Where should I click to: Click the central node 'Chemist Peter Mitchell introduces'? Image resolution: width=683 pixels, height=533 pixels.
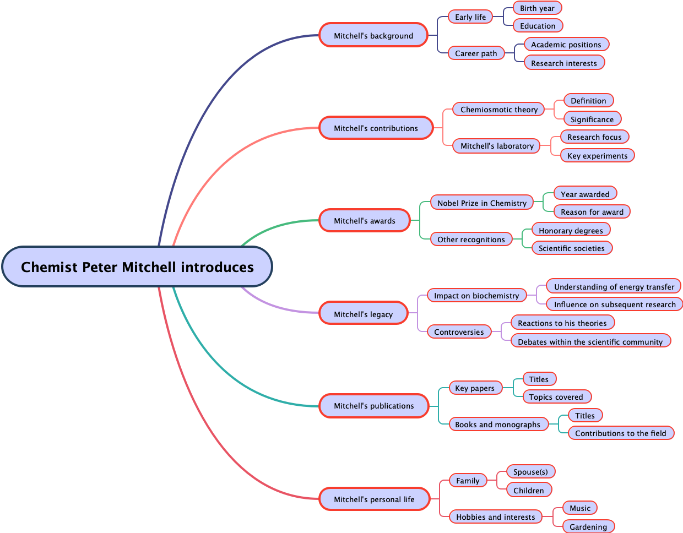137,267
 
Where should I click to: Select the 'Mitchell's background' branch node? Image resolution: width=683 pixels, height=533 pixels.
373,35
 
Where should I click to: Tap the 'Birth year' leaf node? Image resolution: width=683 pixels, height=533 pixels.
537,8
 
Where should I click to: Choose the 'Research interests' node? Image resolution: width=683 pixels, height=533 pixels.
564,63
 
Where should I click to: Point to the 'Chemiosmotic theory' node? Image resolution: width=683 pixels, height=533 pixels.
498,110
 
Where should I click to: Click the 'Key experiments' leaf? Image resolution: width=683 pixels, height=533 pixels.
597,156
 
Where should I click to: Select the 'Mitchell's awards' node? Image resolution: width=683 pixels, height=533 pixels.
365,221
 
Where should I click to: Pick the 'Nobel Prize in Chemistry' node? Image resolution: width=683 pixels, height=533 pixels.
482,203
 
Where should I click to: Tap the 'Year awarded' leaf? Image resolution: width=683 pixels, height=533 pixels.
585,194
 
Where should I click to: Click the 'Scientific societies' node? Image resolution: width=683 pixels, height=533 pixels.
571,248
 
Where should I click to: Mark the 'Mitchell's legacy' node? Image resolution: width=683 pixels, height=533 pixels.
363,314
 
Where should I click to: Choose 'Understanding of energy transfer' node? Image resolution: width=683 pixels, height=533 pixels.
614,287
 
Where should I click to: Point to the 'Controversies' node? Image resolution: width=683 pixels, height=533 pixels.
459,332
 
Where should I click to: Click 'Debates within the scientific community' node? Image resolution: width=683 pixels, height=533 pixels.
590,342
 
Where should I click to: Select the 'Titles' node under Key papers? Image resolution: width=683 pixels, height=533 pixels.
539,379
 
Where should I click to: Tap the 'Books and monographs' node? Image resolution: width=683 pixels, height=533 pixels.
497,425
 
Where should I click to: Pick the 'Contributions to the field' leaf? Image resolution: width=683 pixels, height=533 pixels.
620,433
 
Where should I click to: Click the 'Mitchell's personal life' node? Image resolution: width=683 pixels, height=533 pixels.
374,499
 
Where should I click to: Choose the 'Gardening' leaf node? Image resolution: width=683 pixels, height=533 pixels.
588,527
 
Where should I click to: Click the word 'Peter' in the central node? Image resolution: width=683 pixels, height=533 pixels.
100,267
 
